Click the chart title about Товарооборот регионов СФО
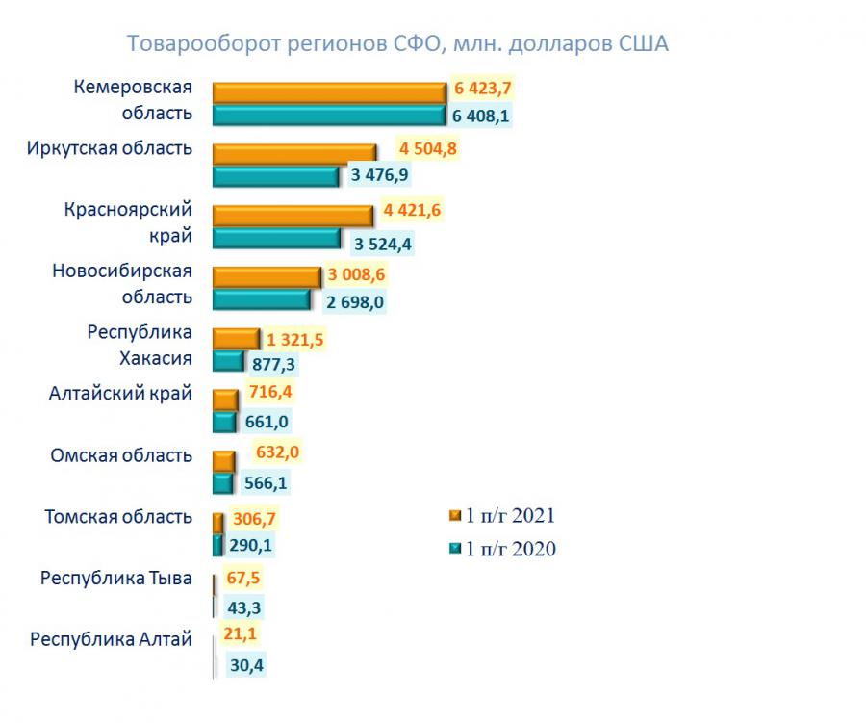[x=397, y=44]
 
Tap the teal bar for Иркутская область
[x=275, y=176]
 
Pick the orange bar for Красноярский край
[x=293, y=214]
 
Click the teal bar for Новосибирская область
[x=261, y=299]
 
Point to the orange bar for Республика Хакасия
[x=235, y=339]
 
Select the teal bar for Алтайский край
[x=224, y=422]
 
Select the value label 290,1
[x=252, y=544]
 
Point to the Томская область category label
[x=118, y=517]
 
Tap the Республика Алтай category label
[x=112, y=639]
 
